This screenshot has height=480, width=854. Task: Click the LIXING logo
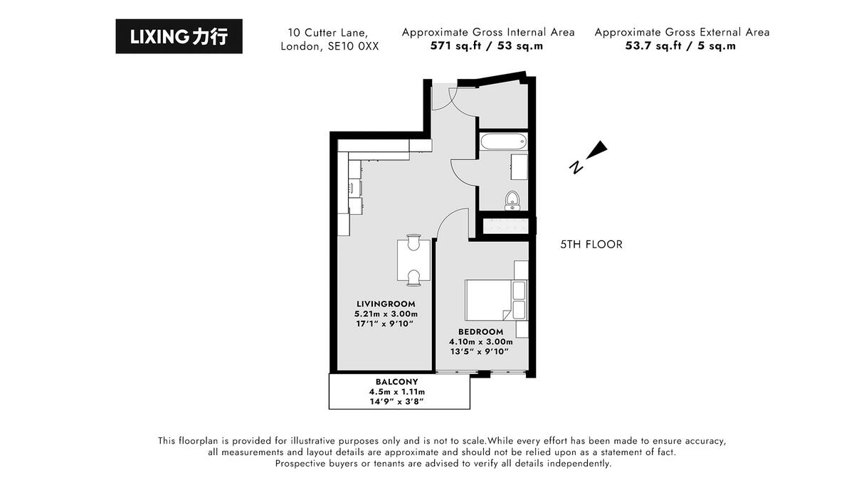pyautogui.click(x=179, y=36)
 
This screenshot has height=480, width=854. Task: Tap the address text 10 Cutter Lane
pyautogui.click(x=328, y=33)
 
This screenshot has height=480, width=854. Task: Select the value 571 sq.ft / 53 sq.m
pyautogui.click(x=487, y=46)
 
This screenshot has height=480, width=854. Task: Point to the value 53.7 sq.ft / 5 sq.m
pyautogui.click(x=681, y=46)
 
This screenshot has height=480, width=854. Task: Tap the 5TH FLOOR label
pyautogui.click(x=591, y=245)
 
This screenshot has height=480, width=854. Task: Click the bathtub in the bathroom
pyautogui.click(x=504, y=142)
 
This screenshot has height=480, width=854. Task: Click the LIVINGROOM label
pyautogui.click(x=386, y=304)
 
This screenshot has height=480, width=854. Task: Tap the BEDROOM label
pyautogui.click(x=480, y=331)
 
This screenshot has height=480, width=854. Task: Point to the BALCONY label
pyautogui.click(x=396, y=381)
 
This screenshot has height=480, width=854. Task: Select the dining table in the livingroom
pyautogui.click(x=413, y=260)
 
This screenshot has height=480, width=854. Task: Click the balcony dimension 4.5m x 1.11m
pyautogui.click(x=396, y=392)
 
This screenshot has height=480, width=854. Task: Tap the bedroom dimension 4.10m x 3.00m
pyautogui.click(x=480, y=341)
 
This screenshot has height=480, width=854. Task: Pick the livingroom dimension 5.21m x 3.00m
pyautogui.click(x=386, y=314)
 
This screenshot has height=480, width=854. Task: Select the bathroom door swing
pyautogui.click(x=463, y=171)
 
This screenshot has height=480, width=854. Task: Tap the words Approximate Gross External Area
pyautogui.click(x=681, y=32)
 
